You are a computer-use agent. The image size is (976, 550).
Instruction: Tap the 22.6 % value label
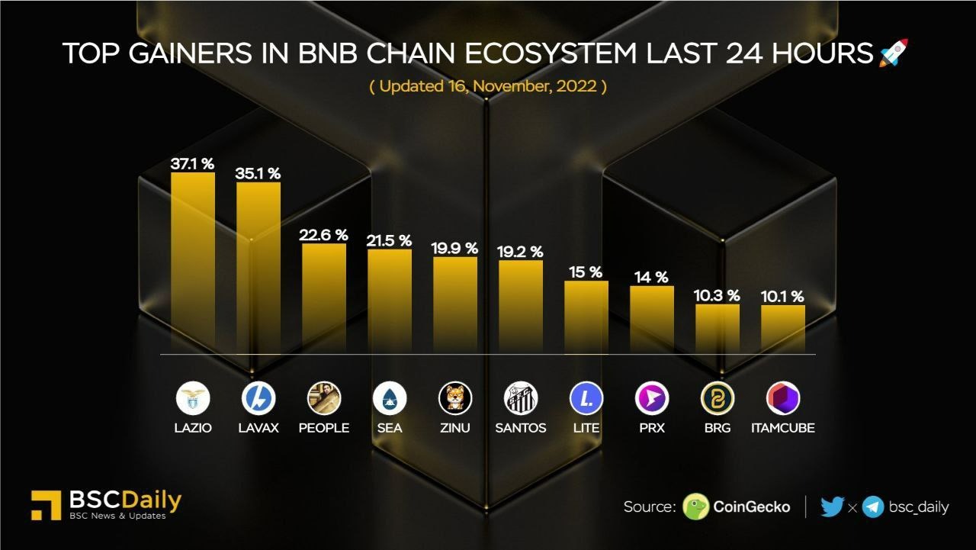323,235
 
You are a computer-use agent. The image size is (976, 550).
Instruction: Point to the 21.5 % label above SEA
390,240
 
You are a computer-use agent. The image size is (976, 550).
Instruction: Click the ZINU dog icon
455,398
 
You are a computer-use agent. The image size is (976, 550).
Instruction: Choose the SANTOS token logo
521,398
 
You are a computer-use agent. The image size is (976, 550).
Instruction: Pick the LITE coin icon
586,398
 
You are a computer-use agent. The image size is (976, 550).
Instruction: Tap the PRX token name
652,428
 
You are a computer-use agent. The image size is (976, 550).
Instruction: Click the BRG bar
718,328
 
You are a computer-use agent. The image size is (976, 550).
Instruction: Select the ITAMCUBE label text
782,428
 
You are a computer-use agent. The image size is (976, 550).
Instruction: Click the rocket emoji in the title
894,53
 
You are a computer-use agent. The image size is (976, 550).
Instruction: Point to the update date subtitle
488,86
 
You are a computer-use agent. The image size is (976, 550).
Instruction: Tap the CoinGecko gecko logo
695,507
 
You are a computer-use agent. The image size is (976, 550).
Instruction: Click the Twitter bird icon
832,507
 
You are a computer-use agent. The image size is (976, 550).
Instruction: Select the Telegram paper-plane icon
873,507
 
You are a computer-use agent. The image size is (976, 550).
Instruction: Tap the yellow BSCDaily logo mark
46,505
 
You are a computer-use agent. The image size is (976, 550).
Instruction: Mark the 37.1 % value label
192,163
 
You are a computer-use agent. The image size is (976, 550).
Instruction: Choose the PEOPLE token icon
324,398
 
